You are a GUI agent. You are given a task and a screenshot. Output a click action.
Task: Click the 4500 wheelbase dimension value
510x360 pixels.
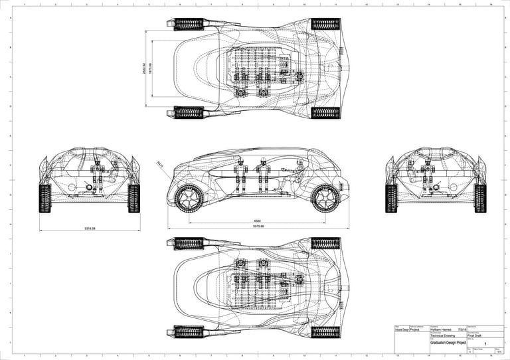[257, 220]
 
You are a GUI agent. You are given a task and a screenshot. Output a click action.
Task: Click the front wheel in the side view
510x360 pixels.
[188, 197]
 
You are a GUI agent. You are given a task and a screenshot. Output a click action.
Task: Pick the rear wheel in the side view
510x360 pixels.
[325, 197]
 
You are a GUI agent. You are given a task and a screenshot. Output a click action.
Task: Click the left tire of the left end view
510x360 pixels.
[45, 198]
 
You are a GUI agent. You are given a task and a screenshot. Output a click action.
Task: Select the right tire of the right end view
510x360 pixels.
[480, 198]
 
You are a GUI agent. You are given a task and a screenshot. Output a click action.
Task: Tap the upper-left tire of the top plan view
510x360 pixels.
[189, 25]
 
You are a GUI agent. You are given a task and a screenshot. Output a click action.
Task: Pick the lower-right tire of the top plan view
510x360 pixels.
[325, 112]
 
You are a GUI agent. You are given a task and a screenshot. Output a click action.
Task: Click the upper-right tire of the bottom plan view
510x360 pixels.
[325, 243]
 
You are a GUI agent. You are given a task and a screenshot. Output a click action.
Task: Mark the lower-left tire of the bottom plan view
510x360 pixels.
[189, 331]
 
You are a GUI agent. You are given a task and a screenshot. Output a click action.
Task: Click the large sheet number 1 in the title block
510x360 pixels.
[487, 343]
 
